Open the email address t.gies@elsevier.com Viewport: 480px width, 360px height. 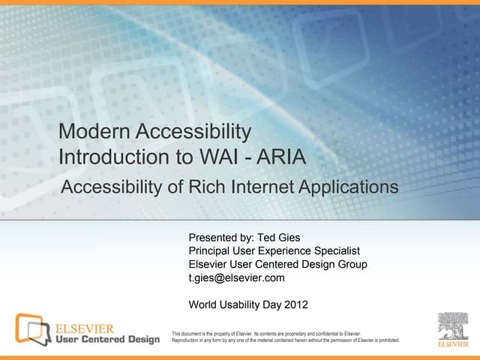[x=236, y=278]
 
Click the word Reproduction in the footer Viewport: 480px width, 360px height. [x=187, y=340]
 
